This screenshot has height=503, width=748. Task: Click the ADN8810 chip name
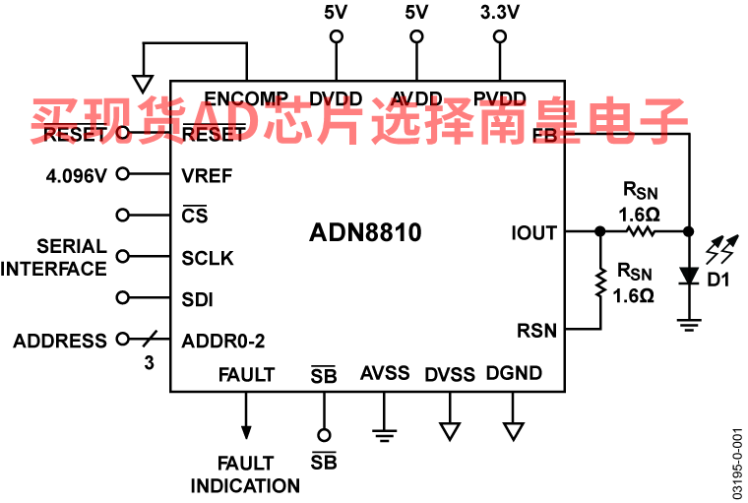(x=365, y=233)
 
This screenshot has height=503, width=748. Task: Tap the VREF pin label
(x=207, y=176)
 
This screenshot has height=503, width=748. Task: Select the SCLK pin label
(x=208, y=259)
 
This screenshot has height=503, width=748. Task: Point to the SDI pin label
(x=198, y=299)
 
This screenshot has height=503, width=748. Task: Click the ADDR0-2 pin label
(x=223, y=342)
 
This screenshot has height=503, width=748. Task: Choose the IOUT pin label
(x=533, y=233)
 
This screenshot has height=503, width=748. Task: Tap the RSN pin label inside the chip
(x=536, y=331)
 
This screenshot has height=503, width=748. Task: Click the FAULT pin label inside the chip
(x=246, y=374)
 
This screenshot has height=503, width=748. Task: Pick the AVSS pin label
(x=385, y=373)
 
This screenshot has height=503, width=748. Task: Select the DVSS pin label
(x=450, y=374)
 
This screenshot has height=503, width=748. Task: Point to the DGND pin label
(x=514, y=373)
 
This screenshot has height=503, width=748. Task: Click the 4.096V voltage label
(x=76, y=176)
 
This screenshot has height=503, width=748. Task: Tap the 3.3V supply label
(x=500, y=13)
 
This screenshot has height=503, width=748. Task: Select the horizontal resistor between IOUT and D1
(x=641, y=232)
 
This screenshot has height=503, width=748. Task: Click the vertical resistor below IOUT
(x=600, y=283)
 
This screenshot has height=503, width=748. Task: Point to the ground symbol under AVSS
(x=385, y=432)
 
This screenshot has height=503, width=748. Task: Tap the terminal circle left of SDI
(x=123, y=297)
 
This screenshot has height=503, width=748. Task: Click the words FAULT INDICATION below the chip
(x=244, y=474)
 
